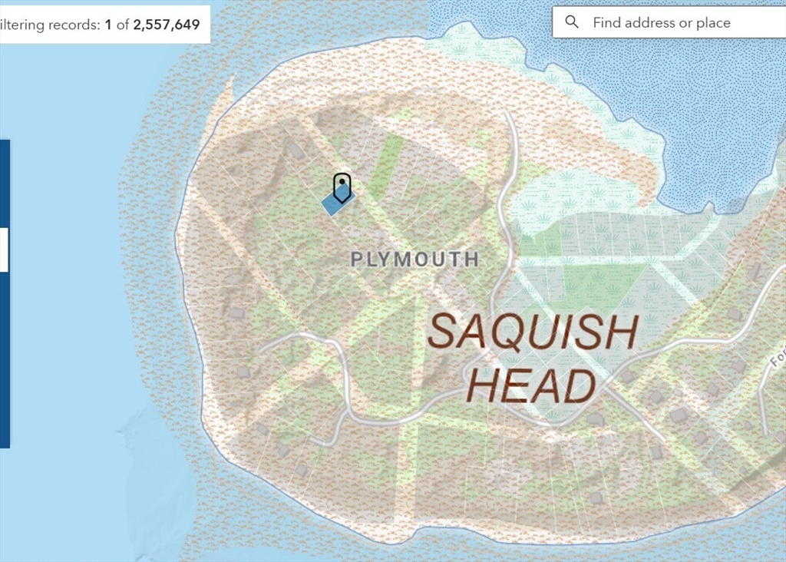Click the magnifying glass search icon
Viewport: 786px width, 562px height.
tap(572, 22)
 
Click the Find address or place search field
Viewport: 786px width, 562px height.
tap(668, 22)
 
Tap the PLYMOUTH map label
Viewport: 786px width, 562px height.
tap(414, 260)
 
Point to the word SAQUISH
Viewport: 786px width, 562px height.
tap(533, 332)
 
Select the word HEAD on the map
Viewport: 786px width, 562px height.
tap(530, 386)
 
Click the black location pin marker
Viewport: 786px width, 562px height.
tap(342, 187)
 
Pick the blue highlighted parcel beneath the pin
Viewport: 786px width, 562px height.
tap(333, 204)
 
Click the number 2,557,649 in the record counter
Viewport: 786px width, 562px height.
tap(167, 25)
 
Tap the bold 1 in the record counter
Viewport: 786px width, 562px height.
tap(108, 25)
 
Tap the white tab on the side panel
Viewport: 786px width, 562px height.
tap(4, 250)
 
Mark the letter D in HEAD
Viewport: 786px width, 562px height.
tap(578, 386)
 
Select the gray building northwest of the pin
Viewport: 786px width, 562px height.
tap(295, 150)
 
